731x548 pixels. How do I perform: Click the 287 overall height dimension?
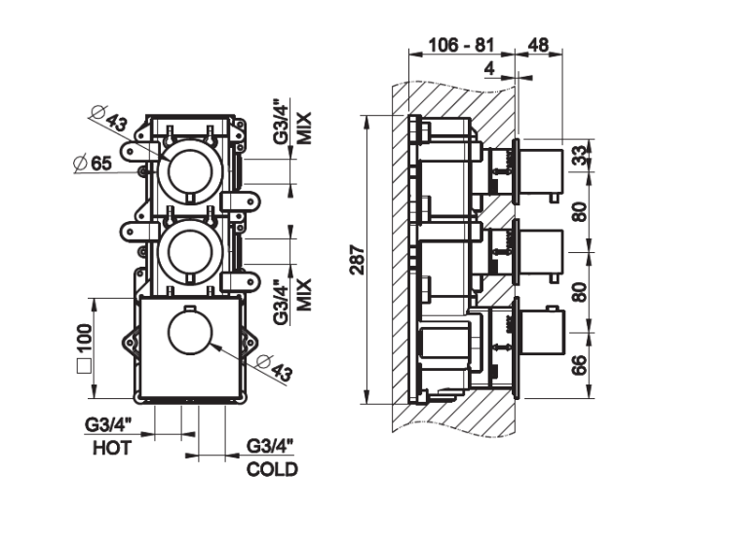coord(358,262)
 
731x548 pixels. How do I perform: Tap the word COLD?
coord(272,469)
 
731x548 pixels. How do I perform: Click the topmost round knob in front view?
coord(191,167)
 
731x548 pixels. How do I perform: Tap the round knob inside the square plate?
coord(191,334)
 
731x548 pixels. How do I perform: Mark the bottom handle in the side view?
coord(536,331)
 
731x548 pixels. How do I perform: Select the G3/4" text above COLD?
coord(270,448)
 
